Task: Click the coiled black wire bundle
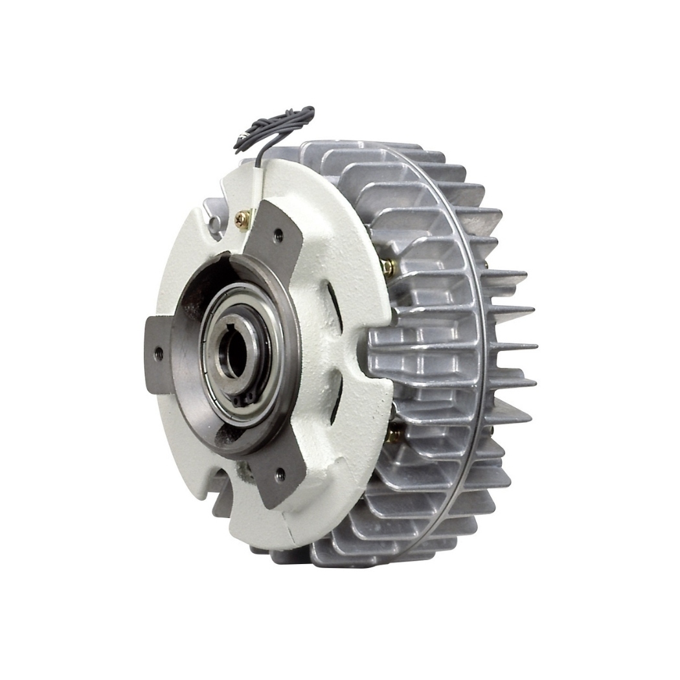click(x=275, y=126)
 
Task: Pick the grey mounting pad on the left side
click(x=159, y=354)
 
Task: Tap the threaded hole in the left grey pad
click(x=159, y=354)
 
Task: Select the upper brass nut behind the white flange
click(x=387, y=266)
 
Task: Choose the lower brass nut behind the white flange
click(x=392, y=435)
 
